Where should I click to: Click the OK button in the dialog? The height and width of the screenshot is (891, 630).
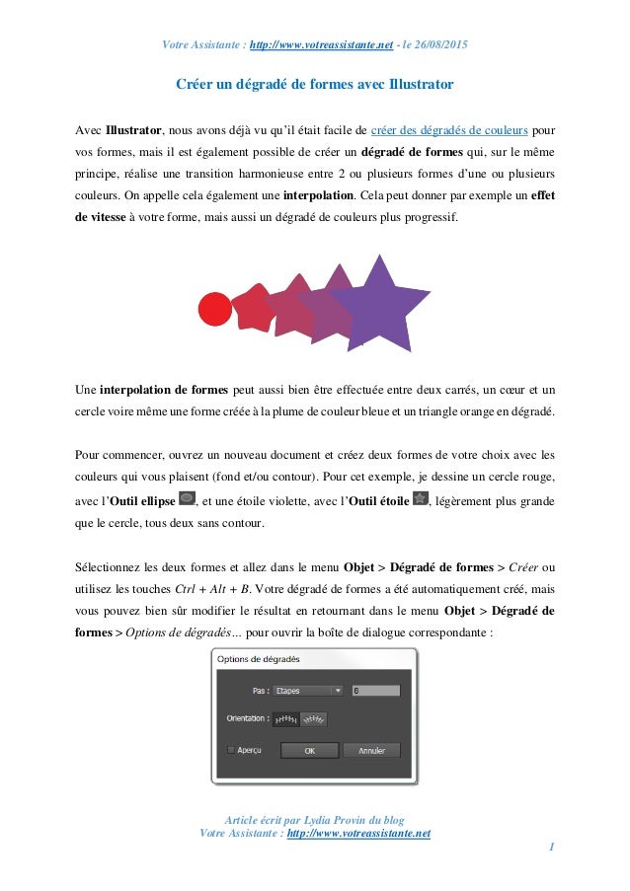tap(309, 750)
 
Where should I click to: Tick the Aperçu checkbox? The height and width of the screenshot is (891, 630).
tap(232, 750)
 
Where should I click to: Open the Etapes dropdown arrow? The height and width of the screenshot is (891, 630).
tap(338, 691)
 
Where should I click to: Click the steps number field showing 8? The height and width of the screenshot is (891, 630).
tap(375, 691)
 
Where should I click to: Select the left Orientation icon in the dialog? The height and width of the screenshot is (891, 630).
tap(284, 719)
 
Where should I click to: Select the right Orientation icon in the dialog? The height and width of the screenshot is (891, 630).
tap(313, 719)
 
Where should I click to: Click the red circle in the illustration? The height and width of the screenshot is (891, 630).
tap(214, 309)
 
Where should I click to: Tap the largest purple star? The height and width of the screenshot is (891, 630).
tap(377, 304)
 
